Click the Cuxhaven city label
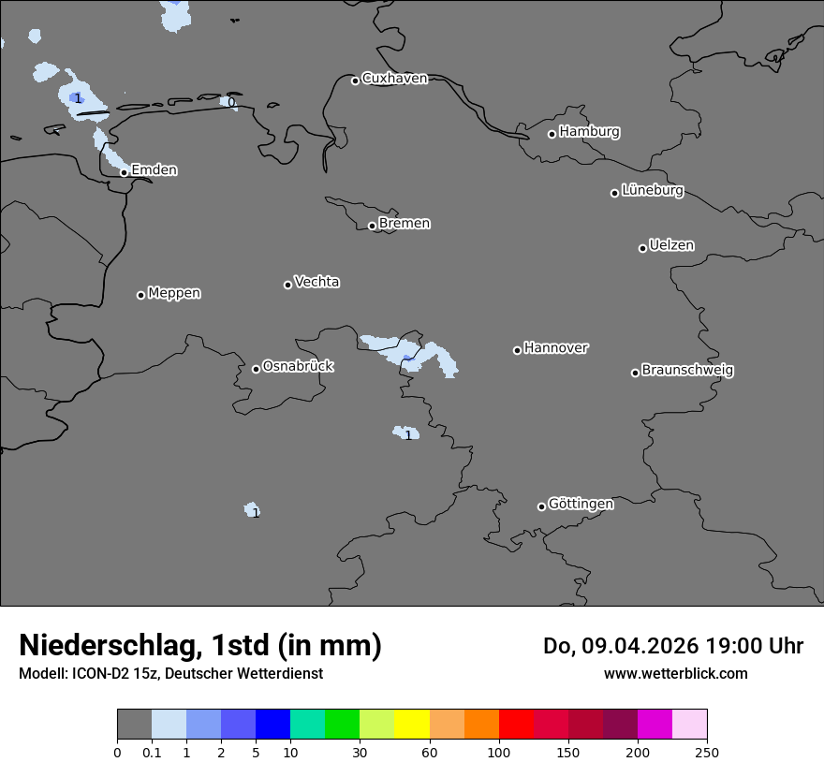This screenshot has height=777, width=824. [394, 79]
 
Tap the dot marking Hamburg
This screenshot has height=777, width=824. [552, 134]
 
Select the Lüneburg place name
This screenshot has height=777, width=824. [653, 191]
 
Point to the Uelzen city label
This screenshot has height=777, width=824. [671, 246]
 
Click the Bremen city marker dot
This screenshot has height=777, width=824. [372, 226]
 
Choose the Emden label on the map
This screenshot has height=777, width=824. [154, 170]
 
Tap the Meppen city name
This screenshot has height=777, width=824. [174, 294]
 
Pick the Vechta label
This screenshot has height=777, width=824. [316, 282]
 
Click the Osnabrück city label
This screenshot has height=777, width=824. [298, 367]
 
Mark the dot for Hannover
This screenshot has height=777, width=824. [517, 350]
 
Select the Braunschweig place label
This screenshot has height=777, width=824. [687, 371]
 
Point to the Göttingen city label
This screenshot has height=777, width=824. [581, 505]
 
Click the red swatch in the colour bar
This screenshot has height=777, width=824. [516, 725]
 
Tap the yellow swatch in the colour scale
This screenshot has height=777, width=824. [412, 725]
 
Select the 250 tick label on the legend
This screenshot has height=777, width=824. [707, 752]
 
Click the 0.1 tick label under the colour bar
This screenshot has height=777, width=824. [152, 752]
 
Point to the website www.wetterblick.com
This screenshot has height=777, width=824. [675, 674]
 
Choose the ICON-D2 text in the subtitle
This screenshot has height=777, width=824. [100, 674]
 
